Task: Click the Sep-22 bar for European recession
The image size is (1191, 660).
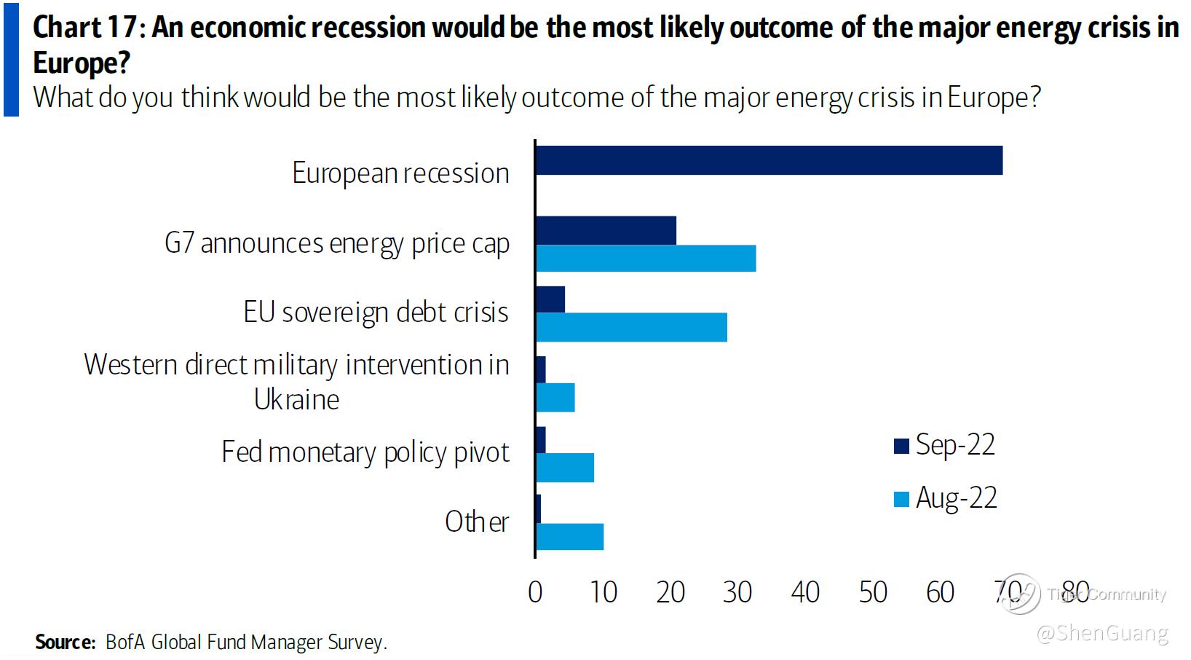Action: click(769, 160)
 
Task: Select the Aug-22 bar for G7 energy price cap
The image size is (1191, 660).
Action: click(646, 259)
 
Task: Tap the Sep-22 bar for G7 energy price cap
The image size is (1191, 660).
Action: click(606, 230)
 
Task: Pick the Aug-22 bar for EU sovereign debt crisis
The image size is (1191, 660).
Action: click(631, 328)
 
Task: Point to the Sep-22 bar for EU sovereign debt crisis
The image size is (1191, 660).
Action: click(550, 299)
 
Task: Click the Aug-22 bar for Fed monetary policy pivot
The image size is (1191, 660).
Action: click(565, 468)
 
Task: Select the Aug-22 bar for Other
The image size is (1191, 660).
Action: click(569, 537)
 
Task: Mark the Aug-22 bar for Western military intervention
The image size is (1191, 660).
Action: click(555, 398)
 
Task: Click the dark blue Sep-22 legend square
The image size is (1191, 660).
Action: click(902, 446)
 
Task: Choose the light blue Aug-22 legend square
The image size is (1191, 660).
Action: click(902, 499)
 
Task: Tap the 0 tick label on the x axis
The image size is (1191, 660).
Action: click(535, 592)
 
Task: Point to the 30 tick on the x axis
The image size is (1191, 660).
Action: click(737, 592)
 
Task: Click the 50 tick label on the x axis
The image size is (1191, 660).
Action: click(873, 592)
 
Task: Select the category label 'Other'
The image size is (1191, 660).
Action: click(477, 522)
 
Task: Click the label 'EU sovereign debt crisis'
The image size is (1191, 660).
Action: click(376, 313)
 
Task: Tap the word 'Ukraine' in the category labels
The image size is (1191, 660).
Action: click(296, 400)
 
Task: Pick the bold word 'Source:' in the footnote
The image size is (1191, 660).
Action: click(66, 642)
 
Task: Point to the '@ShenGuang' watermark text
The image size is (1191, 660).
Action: click(1102, 633)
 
